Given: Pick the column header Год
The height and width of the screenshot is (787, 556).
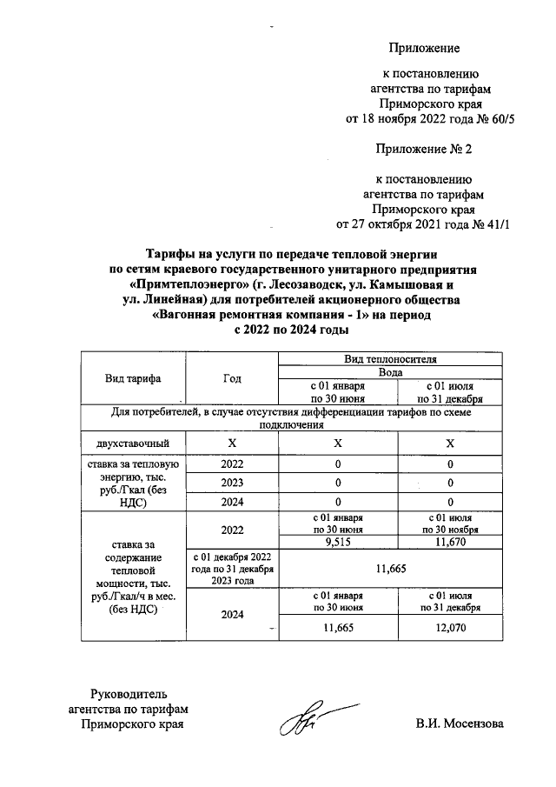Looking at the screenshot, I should (x=232, y=378).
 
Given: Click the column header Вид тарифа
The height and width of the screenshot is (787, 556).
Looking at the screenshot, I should (x=134, y=378).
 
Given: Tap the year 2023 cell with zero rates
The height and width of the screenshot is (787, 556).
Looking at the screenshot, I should (x=232, y=483).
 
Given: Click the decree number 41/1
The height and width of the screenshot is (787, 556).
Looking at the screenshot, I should (x=499, y=223).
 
